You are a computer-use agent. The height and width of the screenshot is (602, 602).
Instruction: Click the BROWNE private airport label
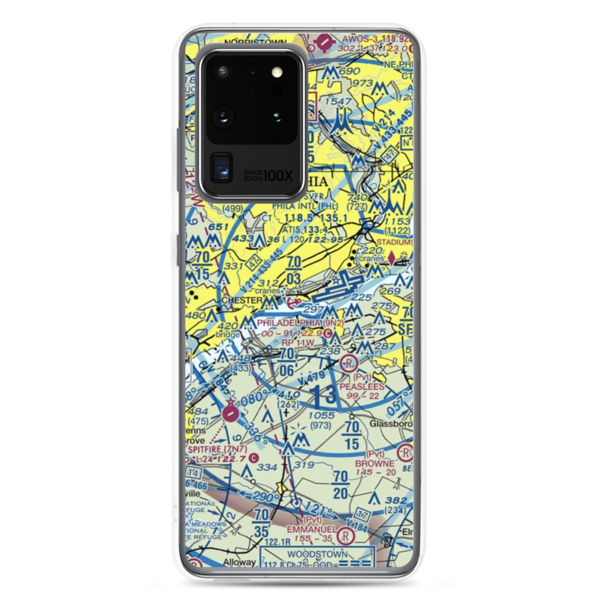tap(374, 464)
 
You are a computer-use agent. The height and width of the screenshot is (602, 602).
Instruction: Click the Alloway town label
tap(240, 563)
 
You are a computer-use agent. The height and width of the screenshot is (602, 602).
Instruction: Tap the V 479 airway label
tap(312, 379)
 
